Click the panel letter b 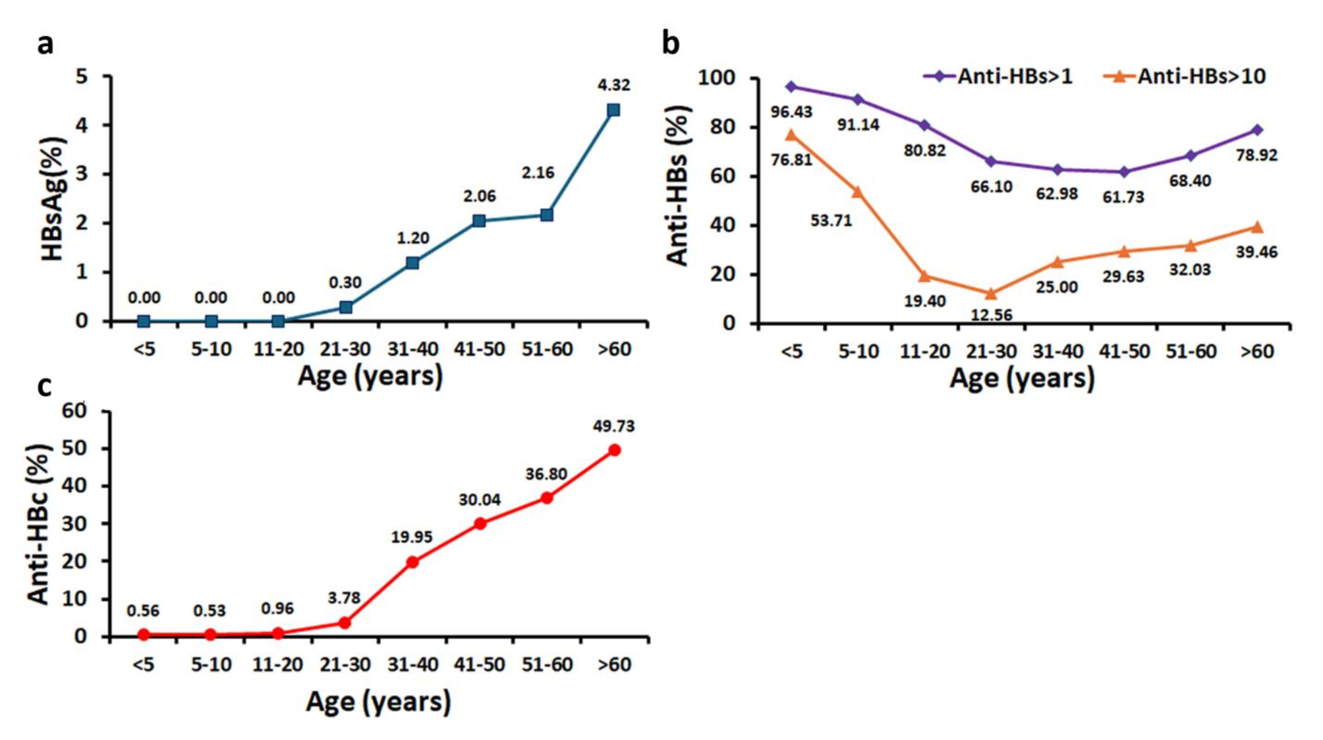tap(670, 44)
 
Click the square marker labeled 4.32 tap(613, 110)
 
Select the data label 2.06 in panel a tap(479, 196)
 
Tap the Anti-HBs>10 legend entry tap(1185, 76)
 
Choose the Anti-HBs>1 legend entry tap(998, 76)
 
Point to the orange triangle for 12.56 tap(991, 293)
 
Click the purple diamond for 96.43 tap(791, 87)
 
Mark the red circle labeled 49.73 tap(614, 450)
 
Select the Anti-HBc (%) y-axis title tap(38, 524)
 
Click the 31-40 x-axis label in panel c tap(412, 664)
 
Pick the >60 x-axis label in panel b tap(1257, 351)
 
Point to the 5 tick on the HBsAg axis tap(81, 76)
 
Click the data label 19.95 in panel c tap(411, 537)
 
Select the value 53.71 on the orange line tap(831, 220)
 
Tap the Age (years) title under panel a tap(370, 376)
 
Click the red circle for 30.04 tap(480, 523)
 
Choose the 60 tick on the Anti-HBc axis tap(74, 411)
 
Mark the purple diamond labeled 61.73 tap(1124, 172)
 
